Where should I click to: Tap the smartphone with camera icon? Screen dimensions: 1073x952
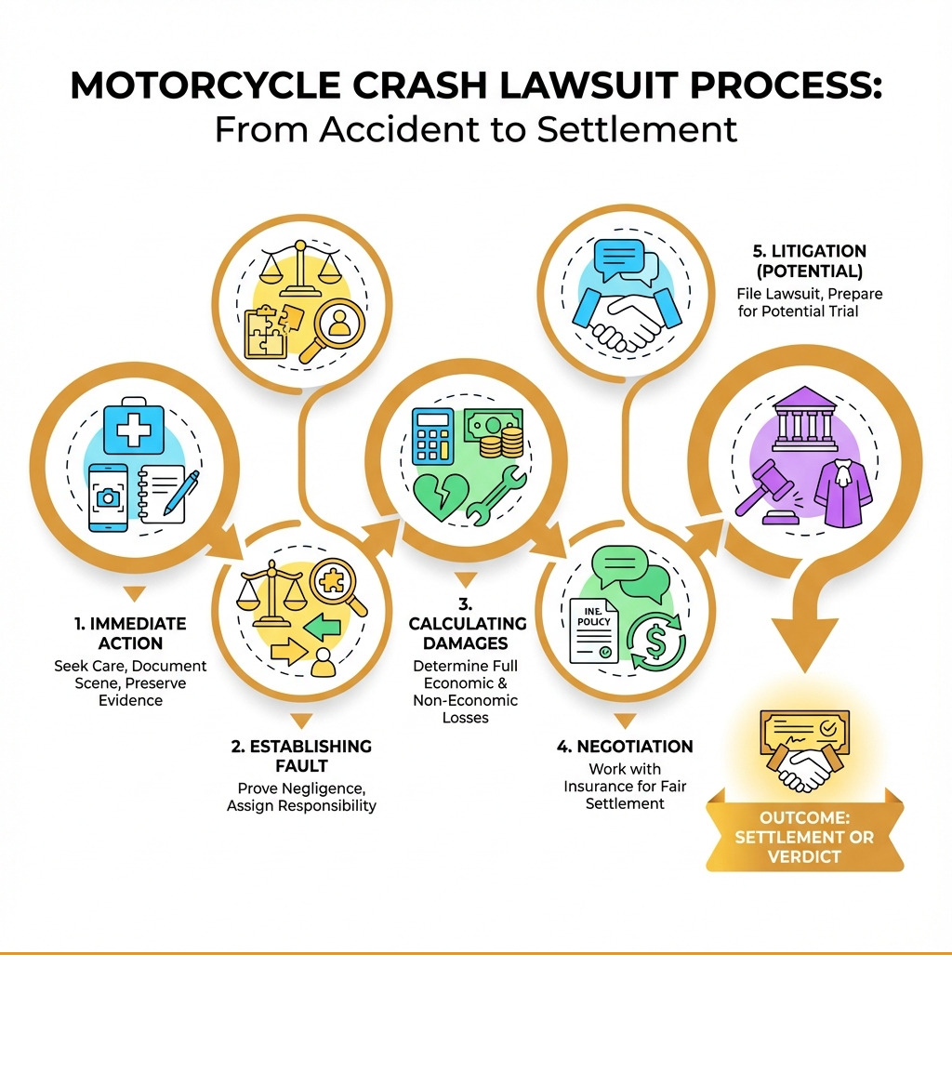110,497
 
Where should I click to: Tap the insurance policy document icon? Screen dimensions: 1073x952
594,629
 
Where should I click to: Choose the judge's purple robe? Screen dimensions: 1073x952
842,492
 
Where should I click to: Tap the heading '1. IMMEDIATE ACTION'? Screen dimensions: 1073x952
130,632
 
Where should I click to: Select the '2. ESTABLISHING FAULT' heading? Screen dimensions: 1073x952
301,755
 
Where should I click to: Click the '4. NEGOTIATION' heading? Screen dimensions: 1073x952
625,746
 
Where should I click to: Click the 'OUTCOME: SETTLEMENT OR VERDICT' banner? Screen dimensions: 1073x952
804,836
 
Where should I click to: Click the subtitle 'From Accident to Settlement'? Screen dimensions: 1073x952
476,128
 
